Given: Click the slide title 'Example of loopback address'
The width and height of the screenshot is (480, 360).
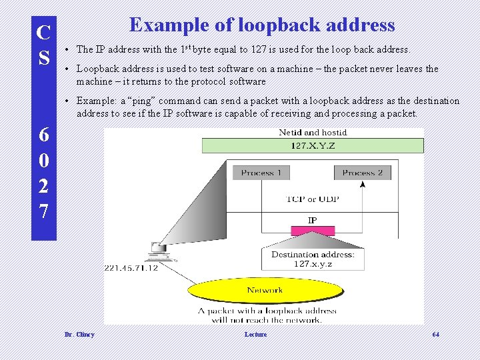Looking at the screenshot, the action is tap(262, 25).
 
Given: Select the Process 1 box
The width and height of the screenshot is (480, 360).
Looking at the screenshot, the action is tap(261, 173).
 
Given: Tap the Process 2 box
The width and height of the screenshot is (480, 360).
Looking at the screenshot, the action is tap(362, 173).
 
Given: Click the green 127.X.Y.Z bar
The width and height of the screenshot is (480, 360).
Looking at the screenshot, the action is tap(313, 145).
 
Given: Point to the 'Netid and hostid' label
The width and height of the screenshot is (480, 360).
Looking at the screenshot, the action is tap(313, 133).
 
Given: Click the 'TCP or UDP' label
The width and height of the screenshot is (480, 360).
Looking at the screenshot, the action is tap(312, 199).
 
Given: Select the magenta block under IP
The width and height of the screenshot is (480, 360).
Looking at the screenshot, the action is tap(312, 230).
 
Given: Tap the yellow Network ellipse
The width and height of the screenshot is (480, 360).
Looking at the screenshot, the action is tap(265, 290).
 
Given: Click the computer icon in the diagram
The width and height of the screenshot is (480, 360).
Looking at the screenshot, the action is tap(159, 250).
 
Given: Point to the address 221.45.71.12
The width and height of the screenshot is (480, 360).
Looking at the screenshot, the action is tap(131, 268).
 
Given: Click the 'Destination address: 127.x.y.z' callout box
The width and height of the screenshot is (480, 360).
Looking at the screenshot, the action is tap(313, 259).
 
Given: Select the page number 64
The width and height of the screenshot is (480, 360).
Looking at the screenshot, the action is tap(436, 334).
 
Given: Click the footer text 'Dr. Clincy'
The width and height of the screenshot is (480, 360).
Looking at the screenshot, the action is tap(79, 334).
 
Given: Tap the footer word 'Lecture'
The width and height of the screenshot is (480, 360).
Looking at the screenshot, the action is tap(255, 334).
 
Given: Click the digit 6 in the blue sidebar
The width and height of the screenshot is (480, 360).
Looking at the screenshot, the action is tap(43, 134).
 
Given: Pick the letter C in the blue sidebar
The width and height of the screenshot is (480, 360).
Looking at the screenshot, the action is tap(43, 32).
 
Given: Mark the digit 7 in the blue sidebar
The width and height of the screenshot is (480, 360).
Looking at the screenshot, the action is tap(43, 212).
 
